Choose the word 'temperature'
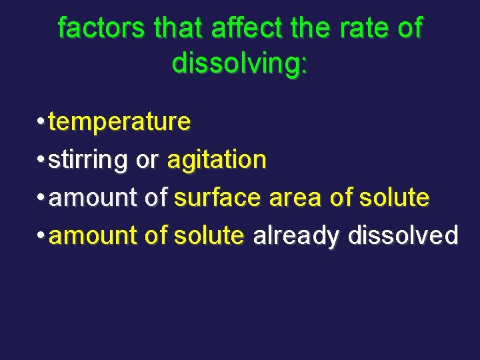coord(120,122)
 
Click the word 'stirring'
coord(89,160)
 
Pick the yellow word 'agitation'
coord(217,160)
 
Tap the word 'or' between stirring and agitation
coord(147,160)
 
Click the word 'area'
coord(293,198)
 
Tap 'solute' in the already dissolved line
coord(209,236)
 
